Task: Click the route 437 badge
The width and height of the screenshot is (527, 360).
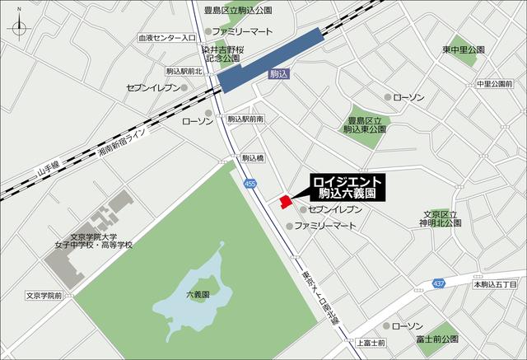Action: pos(438,284)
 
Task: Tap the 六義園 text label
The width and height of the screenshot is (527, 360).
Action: pos(198,294)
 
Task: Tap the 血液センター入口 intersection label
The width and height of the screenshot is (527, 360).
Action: pos(166,38)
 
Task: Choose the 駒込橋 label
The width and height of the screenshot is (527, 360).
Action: pos(253,157)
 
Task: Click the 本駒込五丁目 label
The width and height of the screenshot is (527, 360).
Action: pos(494,284)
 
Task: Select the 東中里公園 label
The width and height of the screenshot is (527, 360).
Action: pos(463,50)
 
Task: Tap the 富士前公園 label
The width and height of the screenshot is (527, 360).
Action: pos(437,338)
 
